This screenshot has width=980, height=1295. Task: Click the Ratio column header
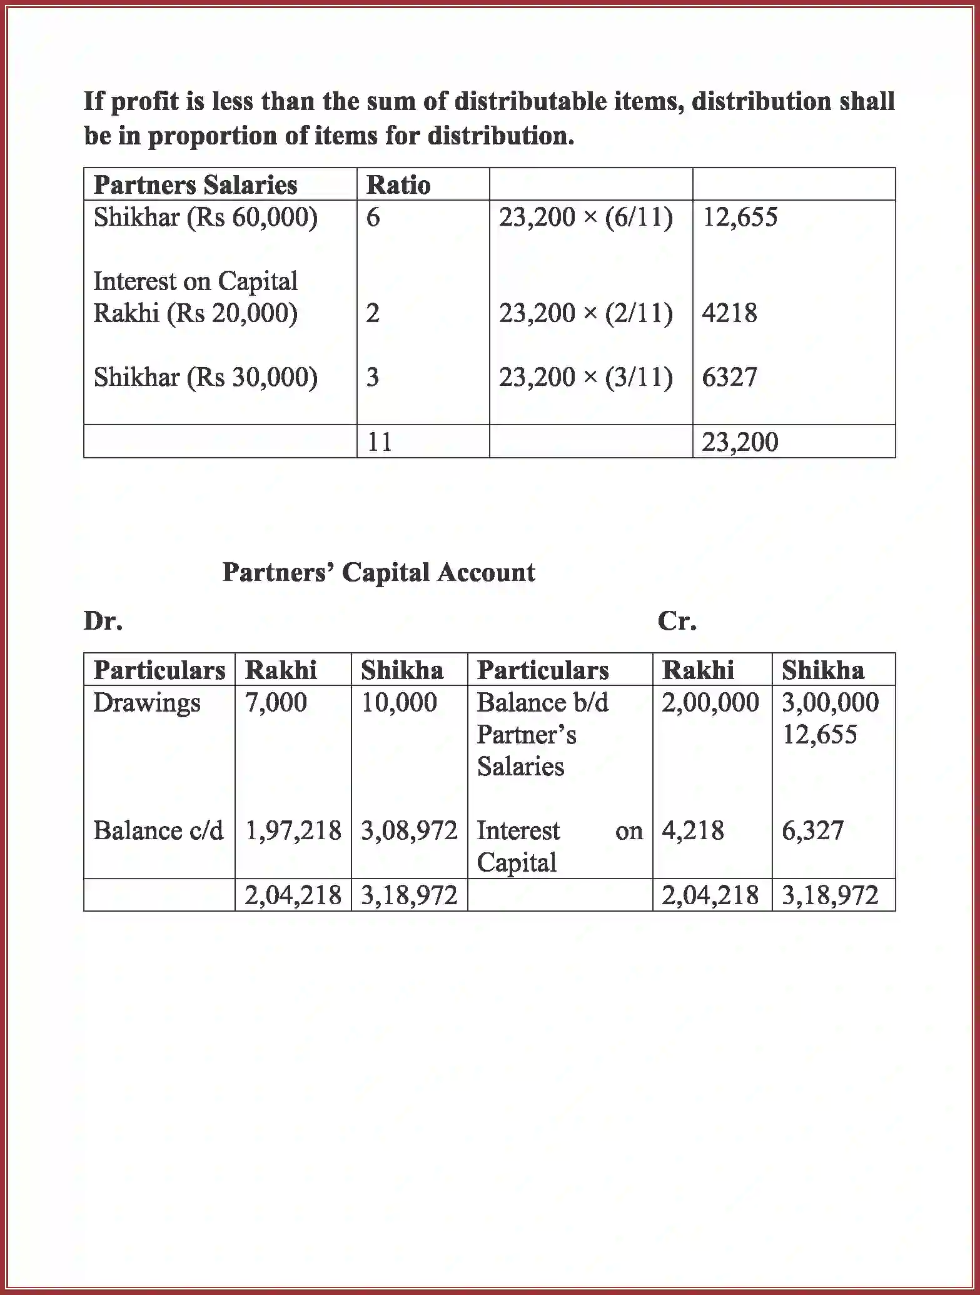(x=398, y=185)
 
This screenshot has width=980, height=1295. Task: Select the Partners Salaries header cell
(x=195, y=185)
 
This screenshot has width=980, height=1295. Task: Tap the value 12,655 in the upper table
(x=740, y=217)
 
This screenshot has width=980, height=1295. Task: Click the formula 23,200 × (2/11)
(x=585, y=313)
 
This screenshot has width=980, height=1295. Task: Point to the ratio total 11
(x=380, y=442)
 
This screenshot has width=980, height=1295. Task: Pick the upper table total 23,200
(x=740, y=442)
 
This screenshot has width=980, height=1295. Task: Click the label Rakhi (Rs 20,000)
(x=195, y=313)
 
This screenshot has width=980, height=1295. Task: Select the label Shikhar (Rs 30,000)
(x=205, y=377)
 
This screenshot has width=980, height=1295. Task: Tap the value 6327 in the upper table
(x=729, y=377)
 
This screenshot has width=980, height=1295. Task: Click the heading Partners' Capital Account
(x=378, y=572)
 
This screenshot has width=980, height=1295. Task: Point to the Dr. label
(x=103, y=621)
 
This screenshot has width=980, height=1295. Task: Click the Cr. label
(x=677, y=621)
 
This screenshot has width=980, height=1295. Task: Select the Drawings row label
(x=147, y=702)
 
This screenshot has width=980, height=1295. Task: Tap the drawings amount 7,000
(x=276, y=702)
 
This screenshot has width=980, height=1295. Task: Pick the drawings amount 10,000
(x=399, y=702)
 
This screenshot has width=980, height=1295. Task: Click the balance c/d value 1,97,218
(x=293, y=831)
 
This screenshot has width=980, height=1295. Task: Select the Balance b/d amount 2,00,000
(x=710, y=702)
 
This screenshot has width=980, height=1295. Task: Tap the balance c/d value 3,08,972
(x=409, y=831)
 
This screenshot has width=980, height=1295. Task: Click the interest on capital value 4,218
(x=692, y=831)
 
